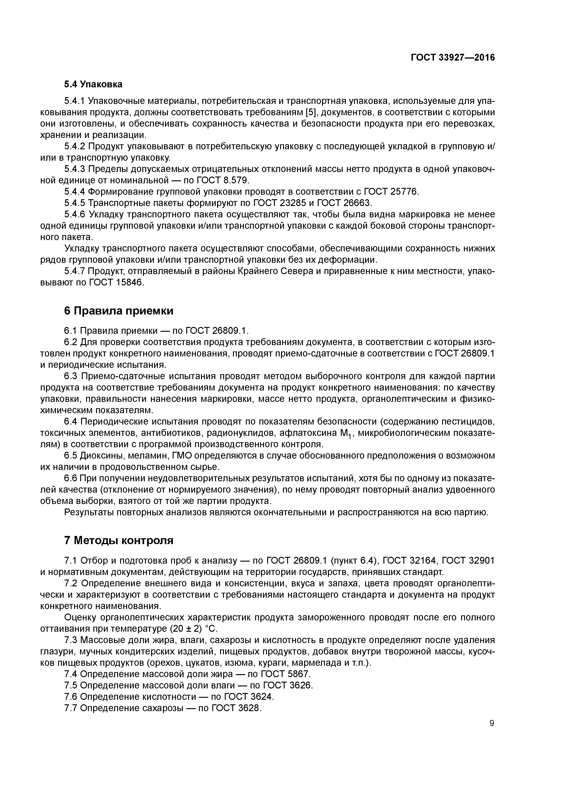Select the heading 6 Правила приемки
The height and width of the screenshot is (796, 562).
[119, 311]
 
